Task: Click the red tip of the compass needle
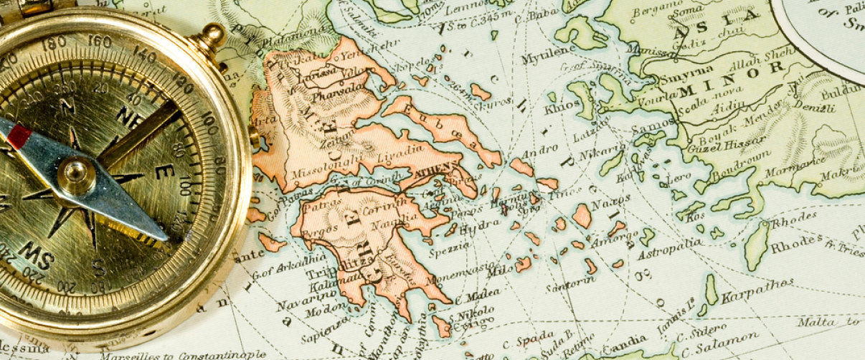pyautogui.click(x=19, y=136)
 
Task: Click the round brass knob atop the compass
pyautogui.click(x=212, y=36)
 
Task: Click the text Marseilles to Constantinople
pyautogui.click(x=183, y=354)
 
